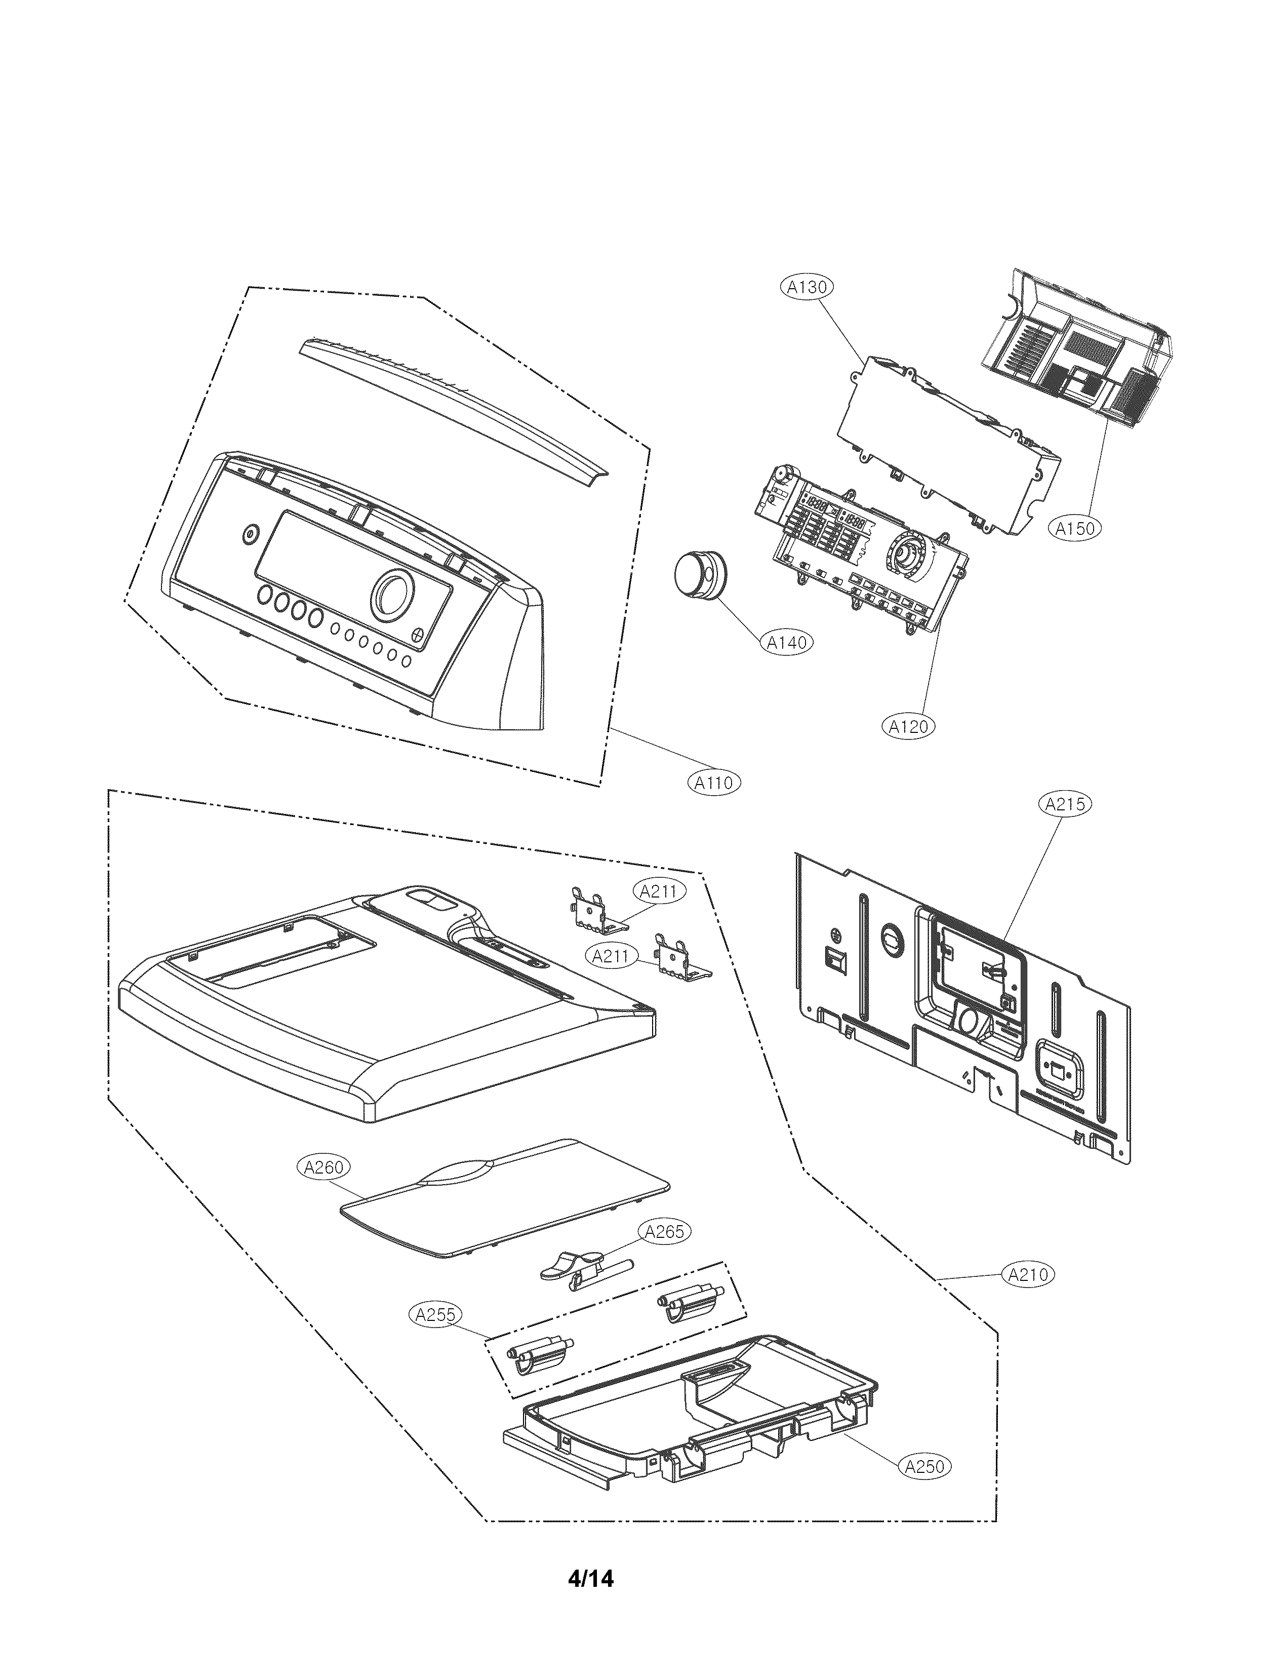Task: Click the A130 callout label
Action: [x=806, y=287]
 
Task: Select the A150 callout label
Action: [x=1075, y=528]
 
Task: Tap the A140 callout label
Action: [x=787, y=642]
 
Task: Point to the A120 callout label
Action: [x=909, y=726]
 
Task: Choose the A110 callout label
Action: [x=713, y=783]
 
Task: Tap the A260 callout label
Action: [x=323, y=1167]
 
